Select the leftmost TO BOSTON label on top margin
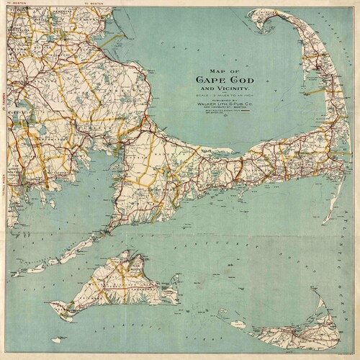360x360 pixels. coord(15,3)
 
